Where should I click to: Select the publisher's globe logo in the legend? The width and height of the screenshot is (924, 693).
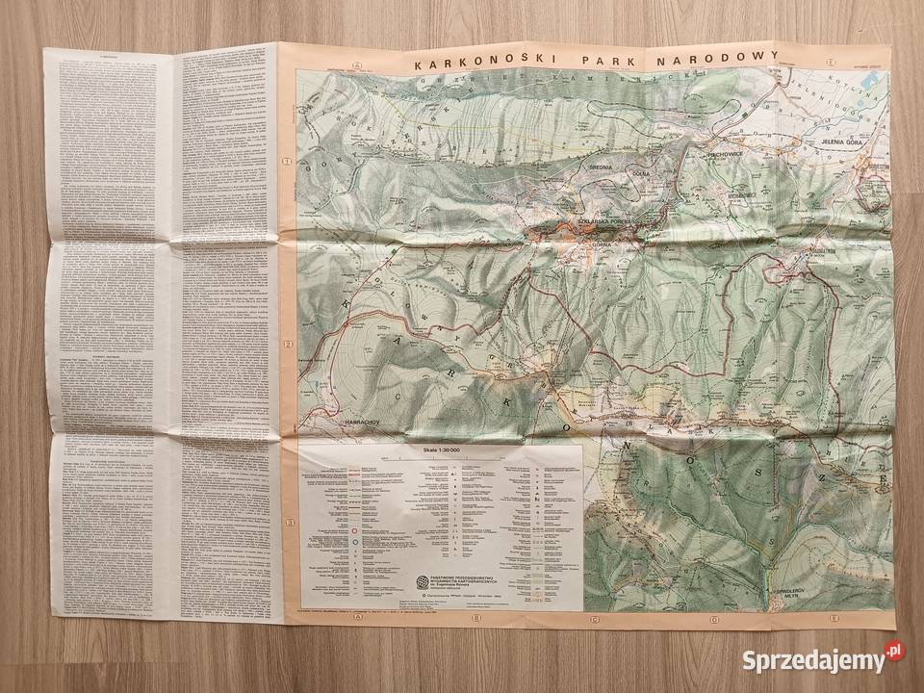420,580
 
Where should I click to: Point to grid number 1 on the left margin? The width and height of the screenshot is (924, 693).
286,162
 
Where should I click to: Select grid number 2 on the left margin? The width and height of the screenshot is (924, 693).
287,342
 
